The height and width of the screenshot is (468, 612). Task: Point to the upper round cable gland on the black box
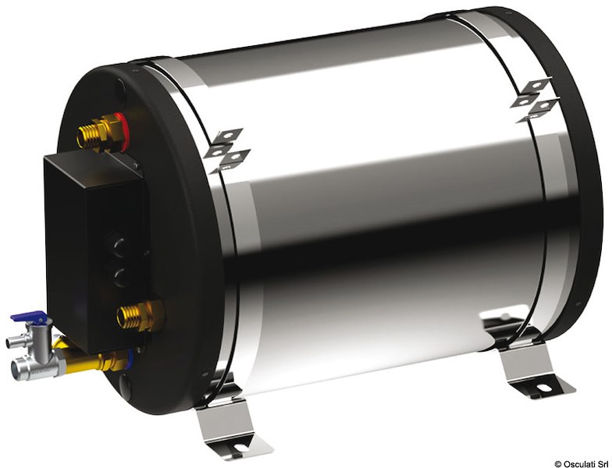pyautogui.click(x=118, y=235)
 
